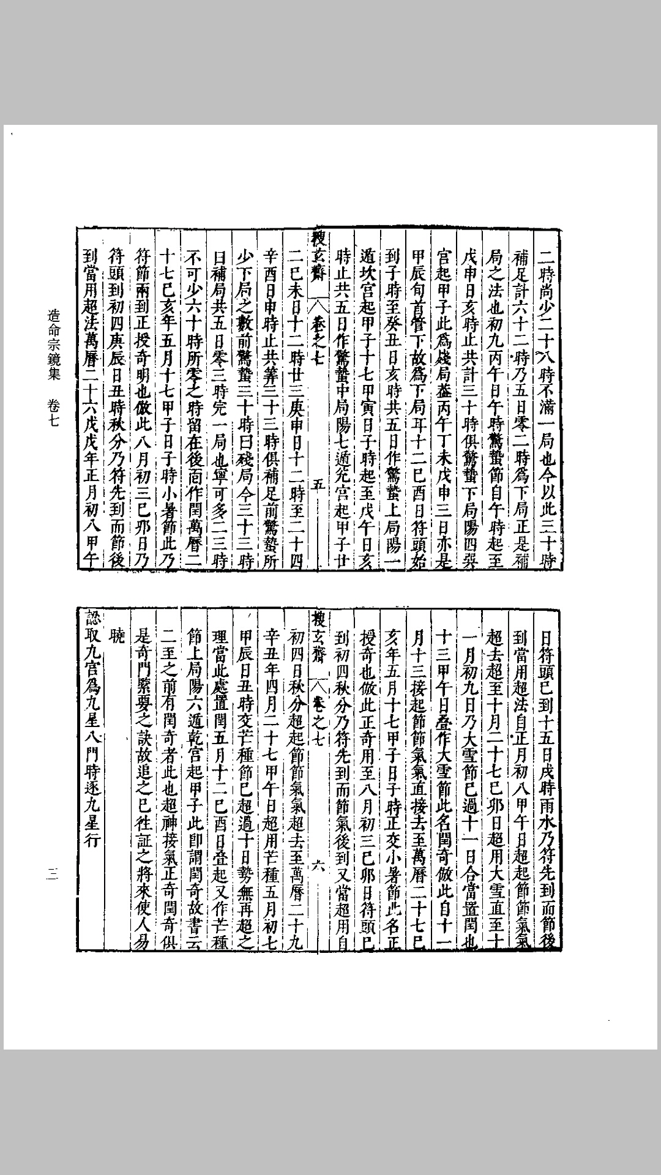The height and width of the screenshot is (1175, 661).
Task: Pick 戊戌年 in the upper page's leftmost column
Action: click(89, 464)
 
